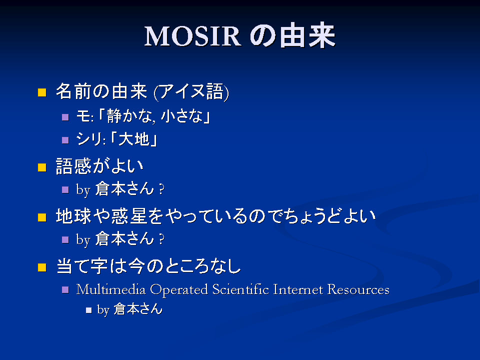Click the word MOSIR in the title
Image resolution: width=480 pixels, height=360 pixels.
pyautogui.click(x=192, y=36)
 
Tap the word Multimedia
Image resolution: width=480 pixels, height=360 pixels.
pyautogui.click(x=111, y=289)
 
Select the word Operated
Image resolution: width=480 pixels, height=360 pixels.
pyautogui.click(x=179, y=290)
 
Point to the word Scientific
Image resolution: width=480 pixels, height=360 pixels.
pyautogui.click(x=240, y=289)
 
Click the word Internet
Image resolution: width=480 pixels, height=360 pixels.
pyautogui.click(x=298, y=289)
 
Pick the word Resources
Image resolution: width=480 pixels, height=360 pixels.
pyautogui.click(x=358, y=289)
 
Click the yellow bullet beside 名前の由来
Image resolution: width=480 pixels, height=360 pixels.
pyautogui.click(x=42, y=92)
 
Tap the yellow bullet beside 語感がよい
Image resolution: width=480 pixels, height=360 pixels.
pyautogui.click(x=42, y=167)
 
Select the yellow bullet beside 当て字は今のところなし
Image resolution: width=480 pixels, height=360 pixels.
pyautogui.click(x=42, y=267)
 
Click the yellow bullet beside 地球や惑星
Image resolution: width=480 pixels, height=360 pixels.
pyautogui.click(x=42, y=217)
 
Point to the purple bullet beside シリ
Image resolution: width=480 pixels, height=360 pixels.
pyautogui.click(x=65, y=140)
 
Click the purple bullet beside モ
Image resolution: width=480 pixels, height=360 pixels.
pyautogui.click(x=65, y=117)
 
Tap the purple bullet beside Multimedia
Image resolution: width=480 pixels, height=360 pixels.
pyautogui.click(x=65, y=289)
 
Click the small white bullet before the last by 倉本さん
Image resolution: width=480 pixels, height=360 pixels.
pyautogui.click(x=89, y=310)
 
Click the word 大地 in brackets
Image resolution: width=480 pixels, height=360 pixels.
pyautogui.click(x=134, y=139)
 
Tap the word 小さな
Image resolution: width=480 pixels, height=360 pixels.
pyautogui.click(x=181, y=116)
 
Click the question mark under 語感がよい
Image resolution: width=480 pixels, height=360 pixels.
pyautogui.click(x=161, y=189)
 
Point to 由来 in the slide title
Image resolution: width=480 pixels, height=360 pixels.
pyautogui.click(x=307, y=35)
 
